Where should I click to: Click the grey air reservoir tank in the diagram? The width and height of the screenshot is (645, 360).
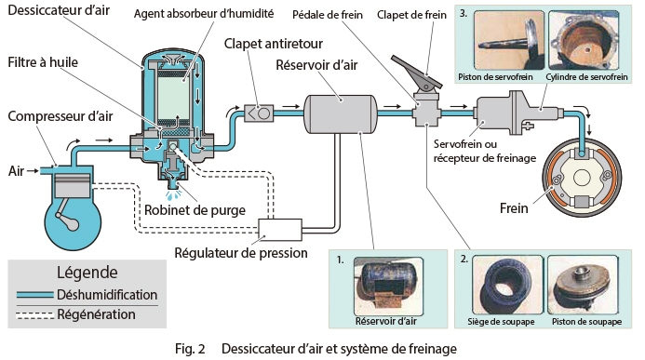341,114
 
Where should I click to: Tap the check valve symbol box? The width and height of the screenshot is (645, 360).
259,113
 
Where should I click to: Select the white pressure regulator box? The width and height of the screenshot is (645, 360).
280,230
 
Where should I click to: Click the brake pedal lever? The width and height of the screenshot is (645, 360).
416,72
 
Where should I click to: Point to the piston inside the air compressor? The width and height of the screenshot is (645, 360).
73,186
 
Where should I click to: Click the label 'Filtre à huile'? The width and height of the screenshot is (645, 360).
43,62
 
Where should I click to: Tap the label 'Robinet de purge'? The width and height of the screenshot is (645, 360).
195,210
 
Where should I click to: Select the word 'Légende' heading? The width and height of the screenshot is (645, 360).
87,273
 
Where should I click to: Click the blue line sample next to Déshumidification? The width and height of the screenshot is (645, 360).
35,295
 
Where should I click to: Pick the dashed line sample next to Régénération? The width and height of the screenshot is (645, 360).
35,315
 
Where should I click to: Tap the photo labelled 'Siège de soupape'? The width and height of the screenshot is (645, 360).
507,285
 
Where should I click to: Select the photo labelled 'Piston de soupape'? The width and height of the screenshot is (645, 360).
584,285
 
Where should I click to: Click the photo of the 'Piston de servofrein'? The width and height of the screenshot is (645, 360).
509,40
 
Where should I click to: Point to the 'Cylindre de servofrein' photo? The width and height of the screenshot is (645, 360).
584,40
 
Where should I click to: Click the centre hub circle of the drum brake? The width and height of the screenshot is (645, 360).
582,178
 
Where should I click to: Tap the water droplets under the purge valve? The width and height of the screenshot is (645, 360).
174,194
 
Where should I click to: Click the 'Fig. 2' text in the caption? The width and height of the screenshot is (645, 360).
190,349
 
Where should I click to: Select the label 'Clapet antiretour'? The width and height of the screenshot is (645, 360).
273,44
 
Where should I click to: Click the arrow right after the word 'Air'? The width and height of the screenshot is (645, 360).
33,170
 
